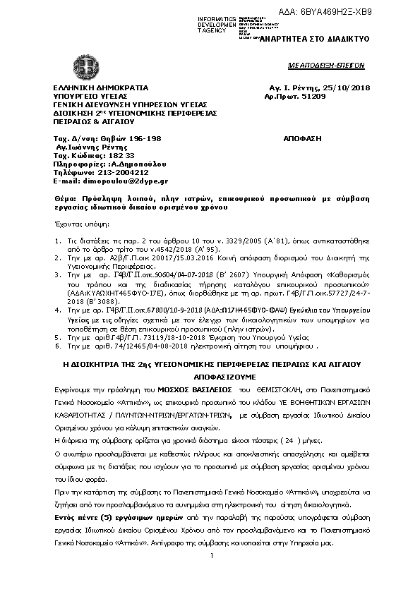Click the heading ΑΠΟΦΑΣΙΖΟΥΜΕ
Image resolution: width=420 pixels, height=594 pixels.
click(x=211, y=377)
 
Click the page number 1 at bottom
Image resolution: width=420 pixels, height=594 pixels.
click(x=211, y=557)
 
